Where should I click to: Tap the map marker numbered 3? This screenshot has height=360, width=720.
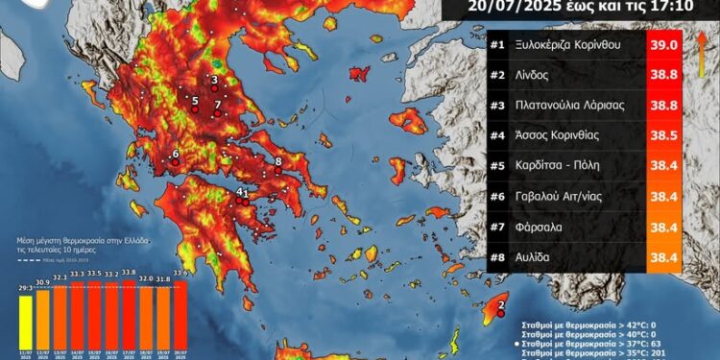point(213,82)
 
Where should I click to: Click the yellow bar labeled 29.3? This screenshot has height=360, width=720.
point(25,322)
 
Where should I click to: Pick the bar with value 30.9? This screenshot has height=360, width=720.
point(42,319)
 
